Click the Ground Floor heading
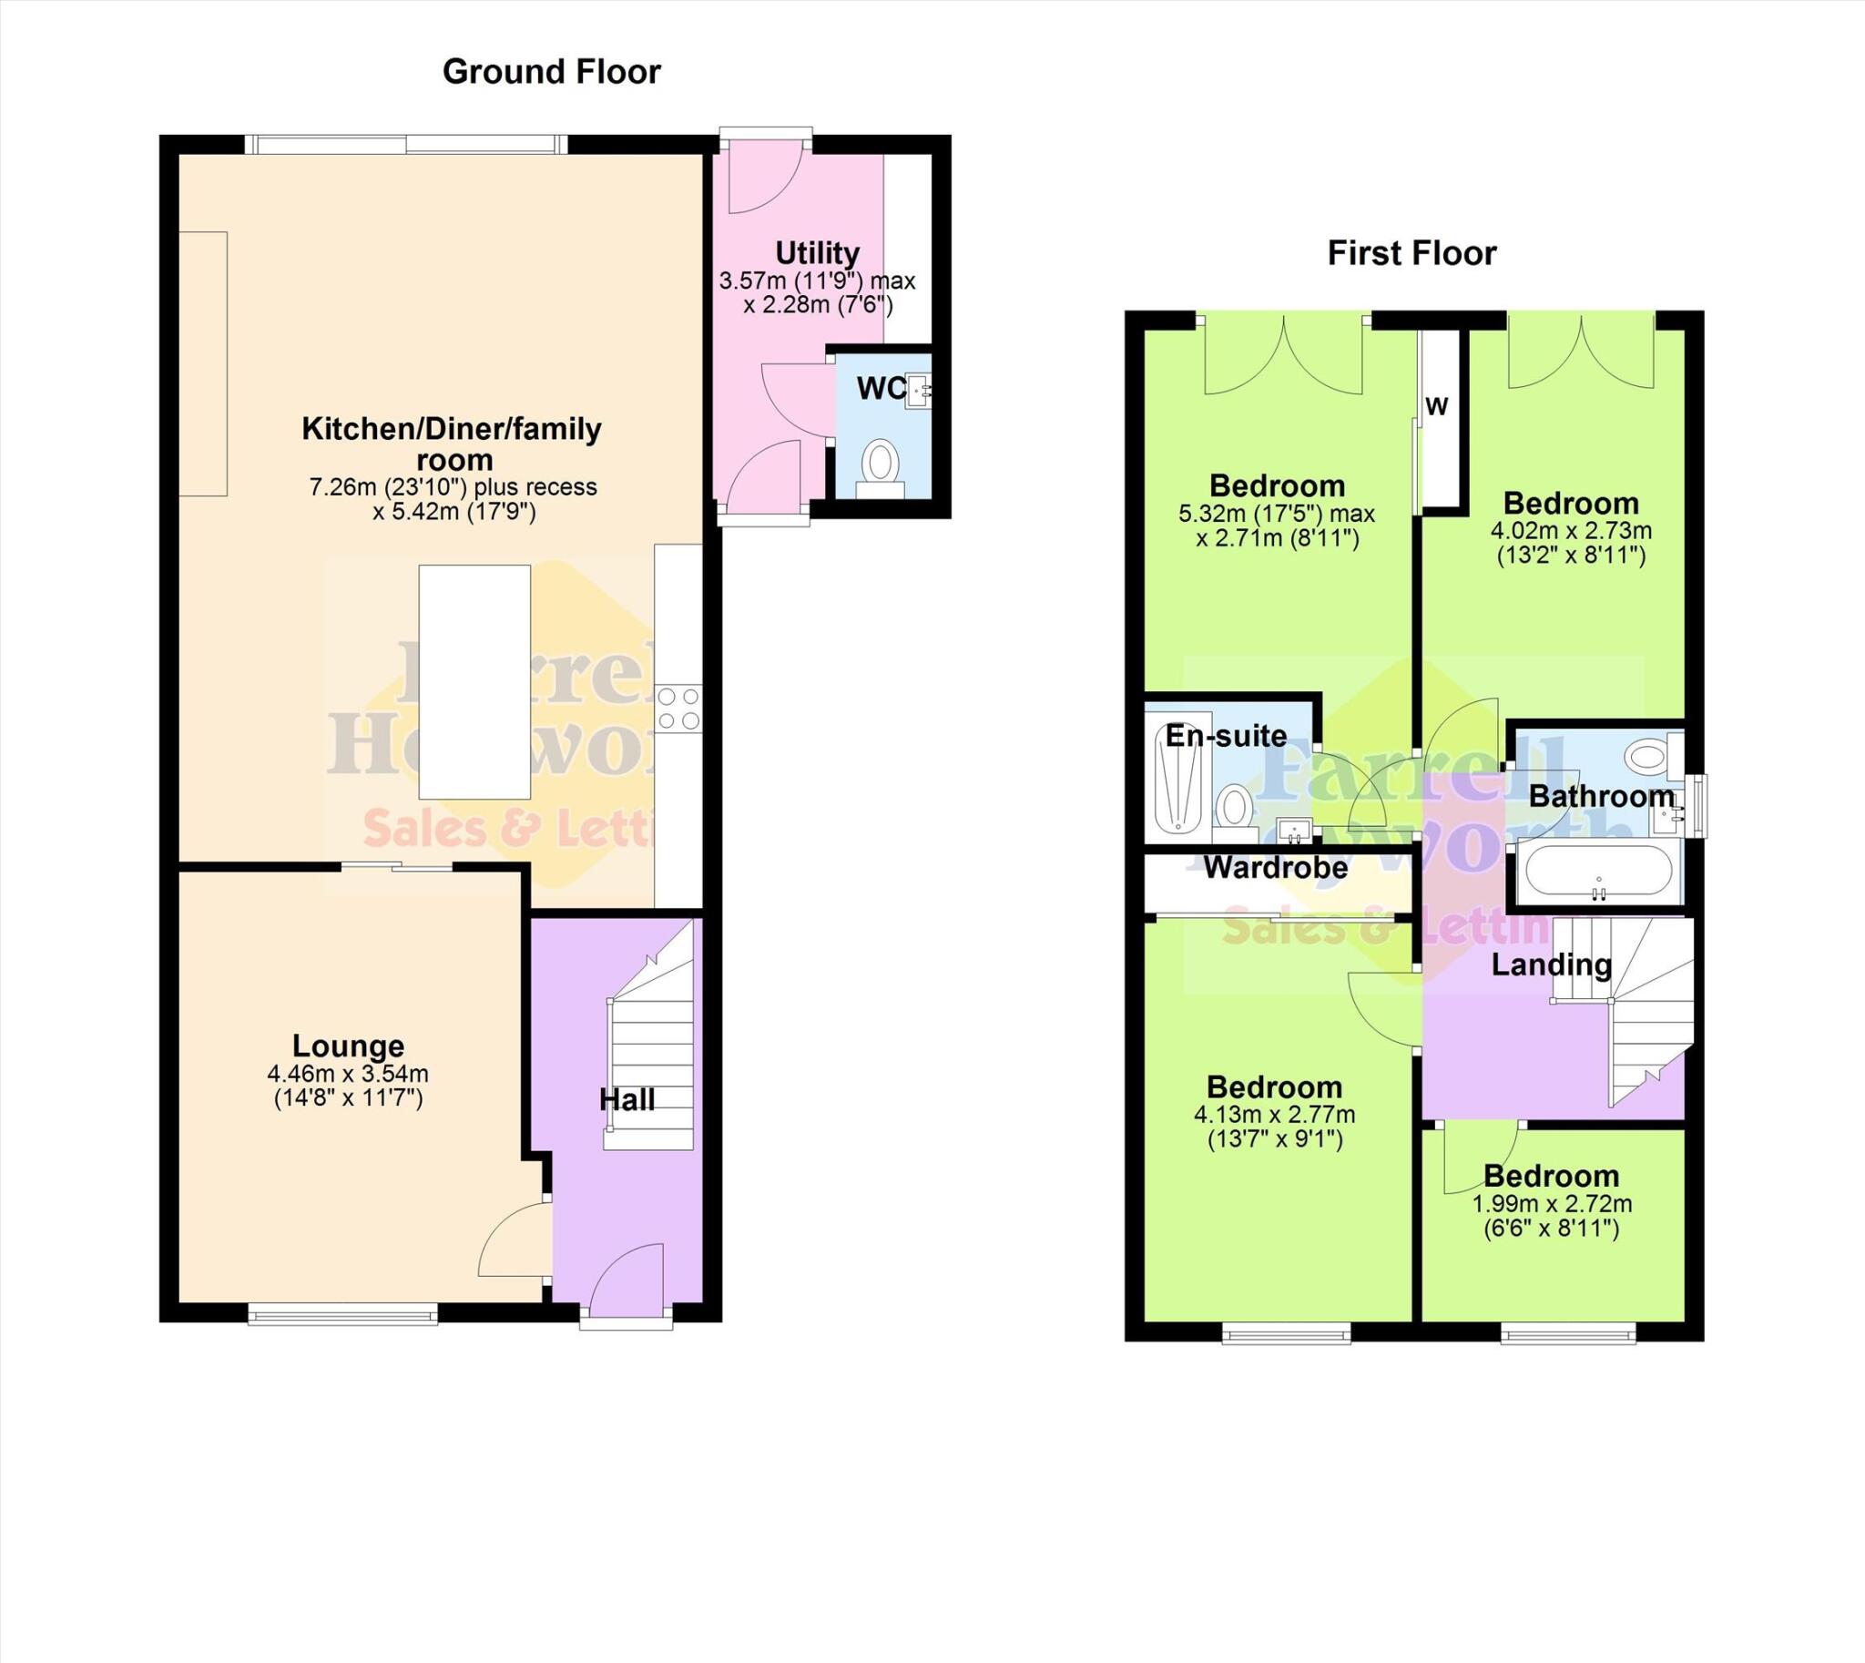551,71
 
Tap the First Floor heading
1411,253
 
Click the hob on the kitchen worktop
678,709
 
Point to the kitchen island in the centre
474,682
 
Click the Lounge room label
348,1046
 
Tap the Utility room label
817,252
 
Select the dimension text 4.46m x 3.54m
348,1074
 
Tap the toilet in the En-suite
1235,809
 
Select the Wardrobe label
1275,867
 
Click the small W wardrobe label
1436,406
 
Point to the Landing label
1551,964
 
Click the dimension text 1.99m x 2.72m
1551,1204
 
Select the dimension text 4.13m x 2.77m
1274,1115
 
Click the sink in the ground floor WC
916,391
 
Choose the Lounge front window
341,1314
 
